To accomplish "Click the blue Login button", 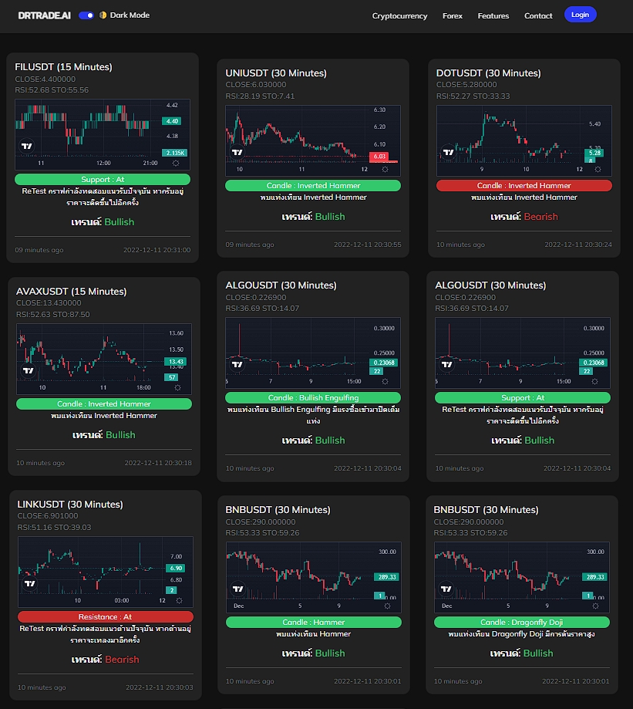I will click(580, 15).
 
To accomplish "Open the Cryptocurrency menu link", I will click(399, 15).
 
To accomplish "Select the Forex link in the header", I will click(453, 15).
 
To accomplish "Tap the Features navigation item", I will click(493, 15).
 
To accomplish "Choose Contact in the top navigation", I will click(538, 15).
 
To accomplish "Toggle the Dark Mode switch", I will click(86, 15).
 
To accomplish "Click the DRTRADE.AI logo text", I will click(45, 15).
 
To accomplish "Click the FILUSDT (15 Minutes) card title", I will click(63, 67).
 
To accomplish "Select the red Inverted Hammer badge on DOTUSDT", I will click(524, 186).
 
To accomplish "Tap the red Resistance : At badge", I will click(105, 617).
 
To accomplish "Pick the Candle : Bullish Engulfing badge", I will click(313, 398).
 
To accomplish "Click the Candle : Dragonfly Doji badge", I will click(521, 623).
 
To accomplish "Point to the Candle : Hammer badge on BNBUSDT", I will click(313, 623).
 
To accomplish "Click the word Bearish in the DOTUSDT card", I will click(540, 217).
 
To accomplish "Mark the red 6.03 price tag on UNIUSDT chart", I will click(379, 157).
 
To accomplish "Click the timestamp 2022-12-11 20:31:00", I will click(157, 250).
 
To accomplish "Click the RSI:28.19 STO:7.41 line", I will click(260, 96).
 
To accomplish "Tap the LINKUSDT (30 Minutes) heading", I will click(66, 505).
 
